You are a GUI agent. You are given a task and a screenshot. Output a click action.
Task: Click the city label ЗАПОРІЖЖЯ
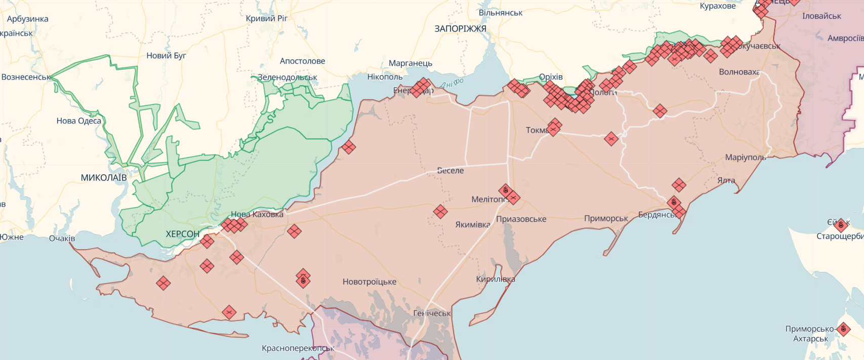[x=460, y=29]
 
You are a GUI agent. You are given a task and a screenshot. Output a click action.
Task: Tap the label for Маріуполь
[x=745, y=157]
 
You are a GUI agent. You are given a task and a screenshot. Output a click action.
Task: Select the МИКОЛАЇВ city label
[x=104, y=178]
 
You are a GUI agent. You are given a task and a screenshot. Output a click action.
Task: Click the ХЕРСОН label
[x=183, y=234]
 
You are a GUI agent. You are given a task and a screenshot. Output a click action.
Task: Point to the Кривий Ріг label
[x=267, y=18]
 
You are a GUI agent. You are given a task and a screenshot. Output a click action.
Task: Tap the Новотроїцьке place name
[x=369, y=282]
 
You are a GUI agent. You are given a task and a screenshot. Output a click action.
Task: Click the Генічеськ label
[x=432, y=313]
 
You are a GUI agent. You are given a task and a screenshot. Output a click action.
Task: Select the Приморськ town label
[x=606, y=219]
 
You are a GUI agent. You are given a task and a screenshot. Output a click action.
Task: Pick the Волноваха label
[x=739, y=72]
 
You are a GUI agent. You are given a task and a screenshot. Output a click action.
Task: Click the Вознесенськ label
[x=26, y=77]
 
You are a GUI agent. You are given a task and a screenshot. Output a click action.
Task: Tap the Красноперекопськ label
[x=298, y=348]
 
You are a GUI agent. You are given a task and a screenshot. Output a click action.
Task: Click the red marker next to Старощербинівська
[x=841, y=225]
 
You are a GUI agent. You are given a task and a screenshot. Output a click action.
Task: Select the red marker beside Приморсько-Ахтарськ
[x=843, y=329]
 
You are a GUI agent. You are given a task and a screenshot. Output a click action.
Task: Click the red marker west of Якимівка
[x=440, y=212]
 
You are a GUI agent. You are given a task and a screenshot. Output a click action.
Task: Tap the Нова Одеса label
[x=79, y=121]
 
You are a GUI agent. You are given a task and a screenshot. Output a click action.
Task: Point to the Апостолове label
[x=303, y=61]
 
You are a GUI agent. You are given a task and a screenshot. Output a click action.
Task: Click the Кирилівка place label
[x=496, y=279]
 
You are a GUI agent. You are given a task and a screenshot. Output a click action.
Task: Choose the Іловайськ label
[x=821, y=16]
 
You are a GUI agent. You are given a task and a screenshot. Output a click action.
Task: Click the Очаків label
[x=62, y=238]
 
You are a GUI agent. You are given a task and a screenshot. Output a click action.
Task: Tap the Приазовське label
[x=521, y=219]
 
